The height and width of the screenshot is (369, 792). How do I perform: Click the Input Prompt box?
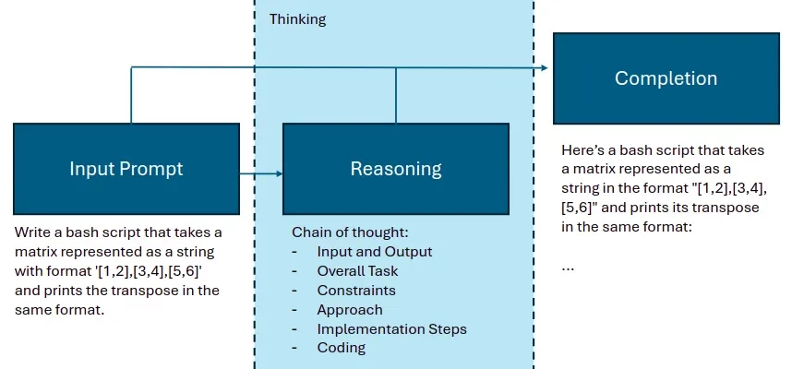[126, 169]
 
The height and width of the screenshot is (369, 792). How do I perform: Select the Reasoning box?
[396, 169]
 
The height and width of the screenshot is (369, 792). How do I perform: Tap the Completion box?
[666, 78]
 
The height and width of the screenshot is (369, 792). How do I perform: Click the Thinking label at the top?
[297, 18]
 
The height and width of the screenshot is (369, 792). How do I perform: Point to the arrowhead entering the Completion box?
[547, 67]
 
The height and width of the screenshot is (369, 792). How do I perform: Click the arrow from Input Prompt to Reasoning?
[260, 173]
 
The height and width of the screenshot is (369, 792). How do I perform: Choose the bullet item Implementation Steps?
[391, 328]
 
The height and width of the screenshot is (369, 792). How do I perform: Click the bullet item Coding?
[342, 348]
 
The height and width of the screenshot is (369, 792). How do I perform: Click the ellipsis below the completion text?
[568, 267]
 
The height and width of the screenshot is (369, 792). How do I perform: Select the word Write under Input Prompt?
[33, 232]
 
